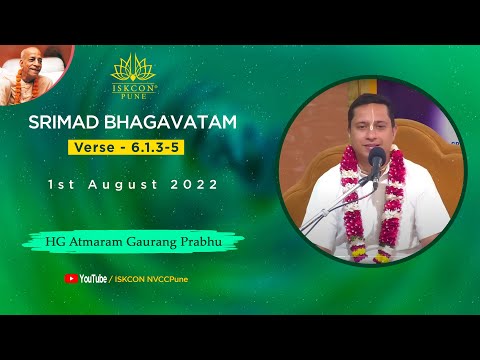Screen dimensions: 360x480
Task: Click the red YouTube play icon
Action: (x=71, y=279)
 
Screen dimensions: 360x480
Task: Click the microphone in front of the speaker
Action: (x=377, y=157)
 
